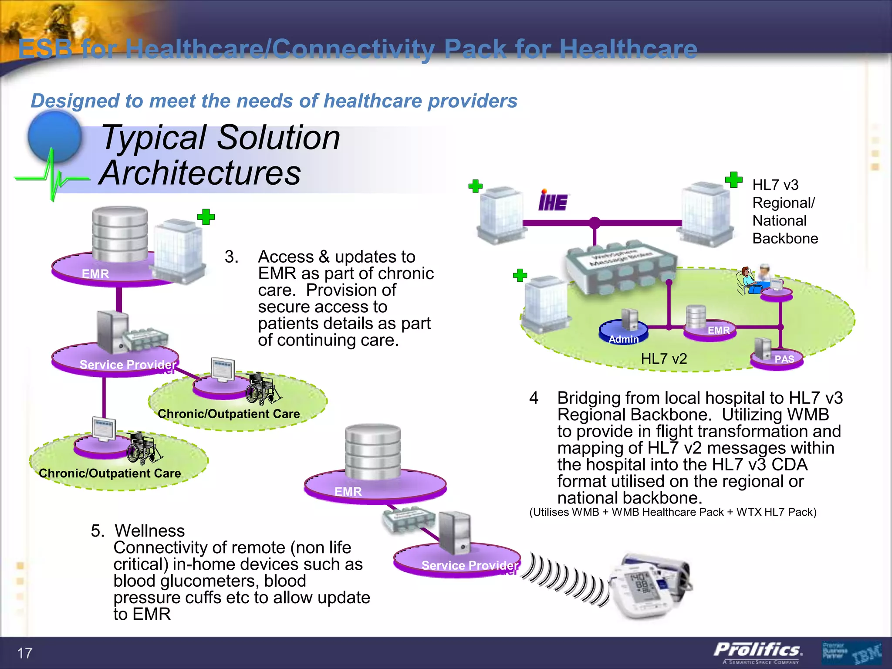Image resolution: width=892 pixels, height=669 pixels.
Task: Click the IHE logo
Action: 553,201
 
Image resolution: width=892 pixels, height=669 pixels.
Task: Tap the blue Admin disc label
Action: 623,339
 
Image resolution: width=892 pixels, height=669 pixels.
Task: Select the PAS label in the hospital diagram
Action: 784,359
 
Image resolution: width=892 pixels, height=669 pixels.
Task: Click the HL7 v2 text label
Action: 664,358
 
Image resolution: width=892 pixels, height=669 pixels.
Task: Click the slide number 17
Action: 24,653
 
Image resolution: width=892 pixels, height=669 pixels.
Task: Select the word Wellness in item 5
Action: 149,531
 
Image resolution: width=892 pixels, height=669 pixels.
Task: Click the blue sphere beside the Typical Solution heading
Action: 55,136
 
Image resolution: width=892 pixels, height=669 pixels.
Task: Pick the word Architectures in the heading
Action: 200,173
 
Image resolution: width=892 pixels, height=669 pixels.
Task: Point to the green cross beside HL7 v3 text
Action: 733,179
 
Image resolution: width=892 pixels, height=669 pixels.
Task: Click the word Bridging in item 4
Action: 588,398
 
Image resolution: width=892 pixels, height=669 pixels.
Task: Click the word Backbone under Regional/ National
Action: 785,239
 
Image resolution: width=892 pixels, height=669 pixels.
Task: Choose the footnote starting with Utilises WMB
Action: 672,512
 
